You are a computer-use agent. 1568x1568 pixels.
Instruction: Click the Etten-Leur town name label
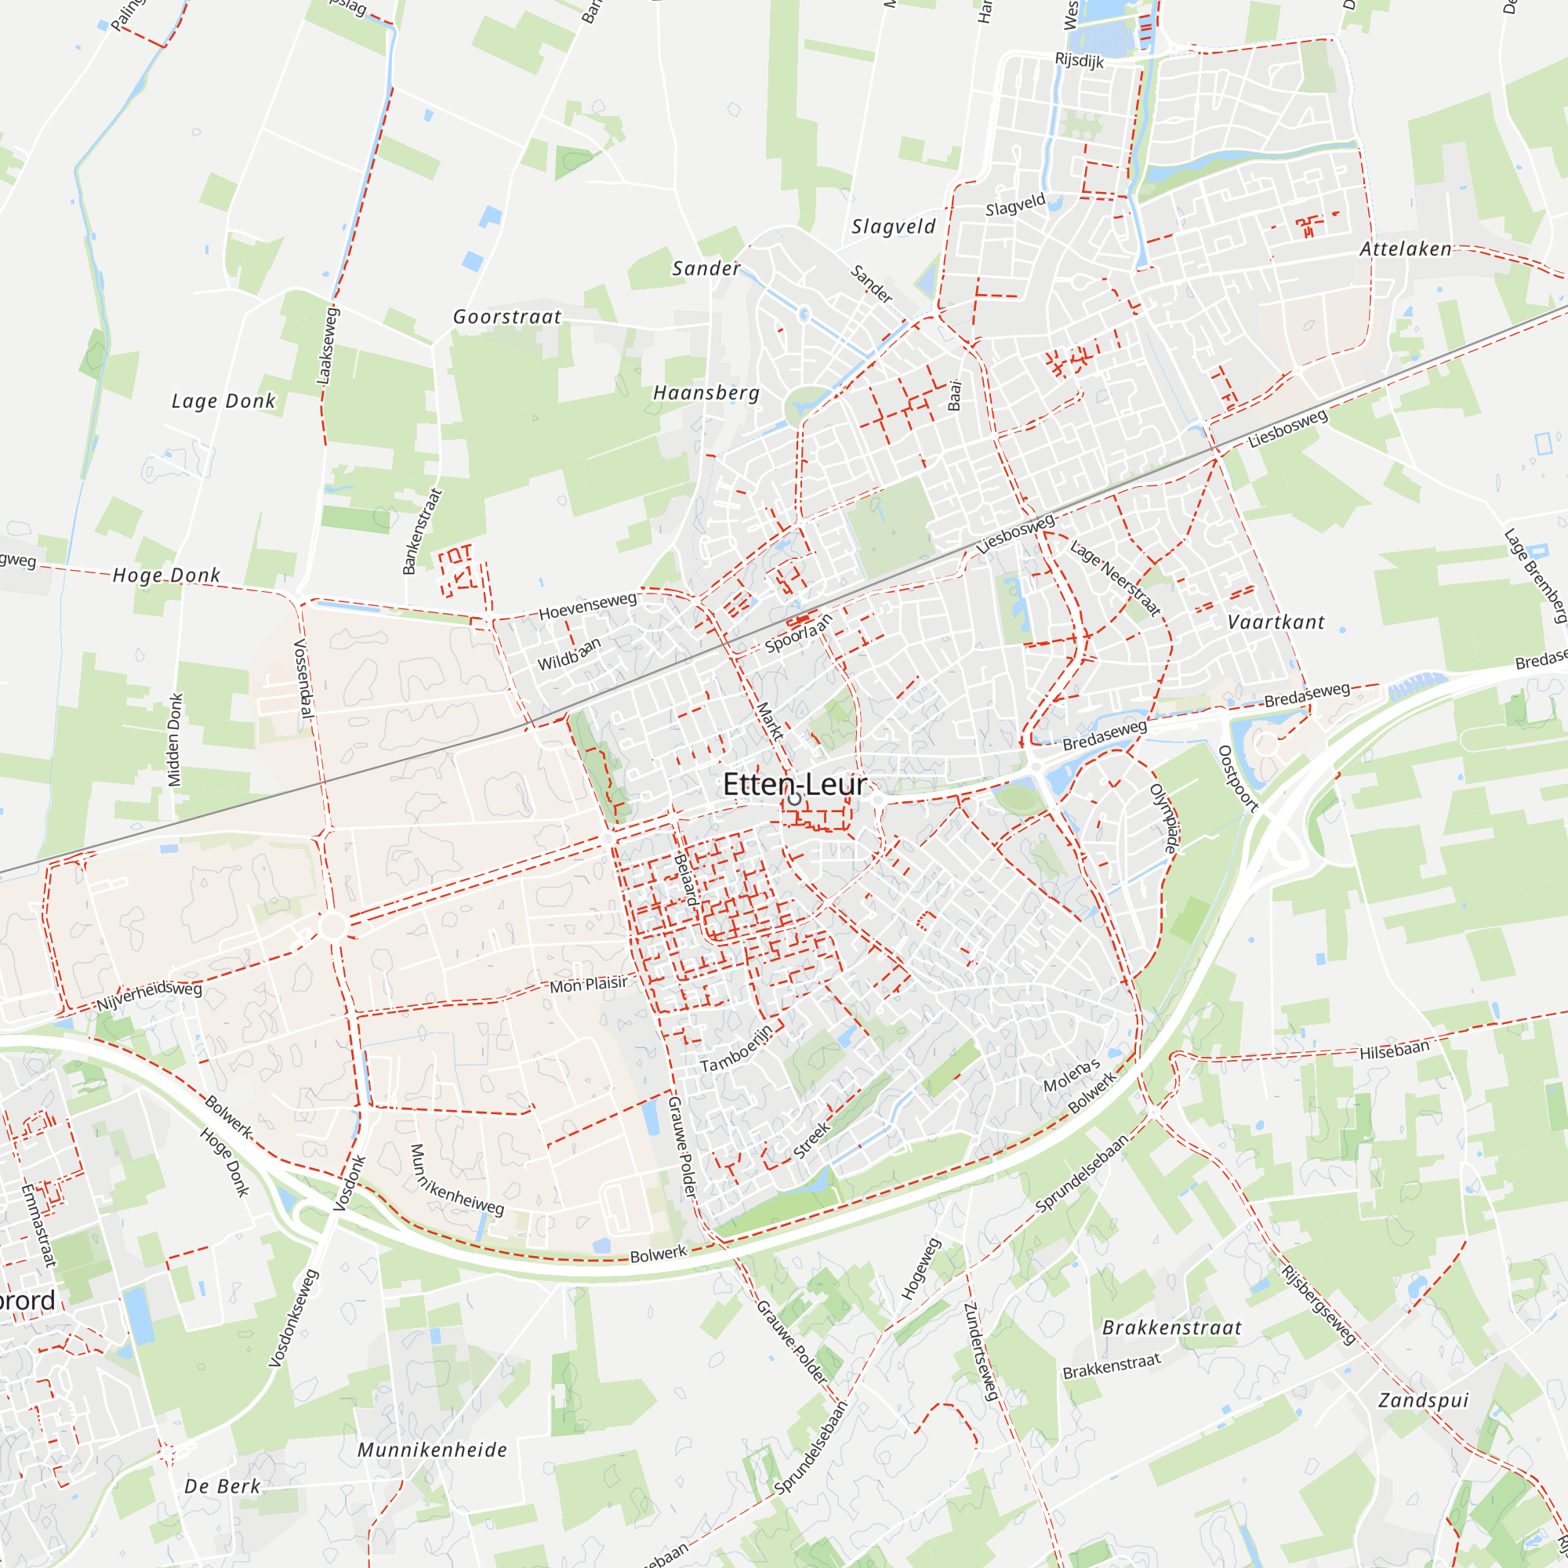point(794,784)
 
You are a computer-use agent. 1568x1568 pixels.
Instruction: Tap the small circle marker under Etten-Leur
point(794,800)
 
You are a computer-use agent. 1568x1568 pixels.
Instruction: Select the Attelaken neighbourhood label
point(1406,249)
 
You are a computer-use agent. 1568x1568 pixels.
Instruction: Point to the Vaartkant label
point(1276,622)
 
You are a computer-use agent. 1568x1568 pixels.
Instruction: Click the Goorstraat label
point(507,318)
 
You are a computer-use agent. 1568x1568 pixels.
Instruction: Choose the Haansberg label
point(707,394)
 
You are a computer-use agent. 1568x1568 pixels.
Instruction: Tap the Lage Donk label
point(223,401)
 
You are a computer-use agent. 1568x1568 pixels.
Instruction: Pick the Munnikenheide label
point(433,1450)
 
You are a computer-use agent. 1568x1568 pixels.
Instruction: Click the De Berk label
point(223,1486)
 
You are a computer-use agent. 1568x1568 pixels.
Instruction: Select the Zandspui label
point(1424,1401)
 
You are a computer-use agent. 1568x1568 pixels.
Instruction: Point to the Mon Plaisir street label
point(589,985)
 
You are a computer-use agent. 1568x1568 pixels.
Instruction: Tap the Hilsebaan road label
point(1394,1051)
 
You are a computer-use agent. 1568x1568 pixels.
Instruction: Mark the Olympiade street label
point(1166,818)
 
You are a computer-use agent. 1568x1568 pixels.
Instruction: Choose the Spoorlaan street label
point(799,633)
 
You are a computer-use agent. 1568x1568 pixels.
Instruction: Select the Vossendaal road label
point(303,678)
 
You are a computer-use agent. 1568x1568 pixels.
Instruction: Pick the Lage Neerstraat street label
point(1115,578)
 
